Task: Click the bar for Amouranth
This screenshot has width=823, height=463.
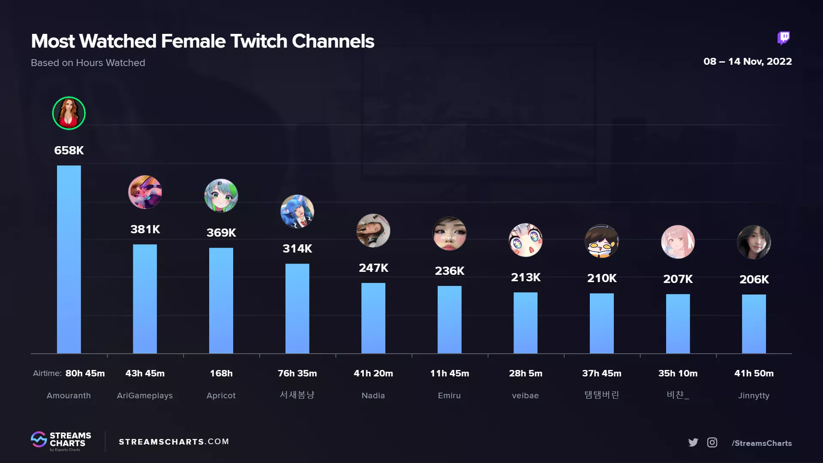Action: click(69, 259)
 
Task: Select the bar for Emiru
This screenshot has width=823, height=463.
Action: click(449, 319)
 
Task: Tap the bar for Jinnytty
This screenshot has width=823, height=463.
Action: click(754, 324)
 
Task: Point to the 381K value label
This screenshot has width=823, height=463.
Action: click(145, 229)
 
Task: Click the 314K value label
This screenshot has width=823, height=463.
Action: click(297, 249)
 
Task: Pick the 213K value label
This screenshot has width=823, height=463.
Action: click(526, 277)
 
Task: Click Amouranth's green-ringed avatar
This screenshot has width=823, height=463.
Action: click(69, 113)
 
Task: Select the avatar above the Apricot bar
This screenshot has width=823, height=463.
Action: click(221, 195)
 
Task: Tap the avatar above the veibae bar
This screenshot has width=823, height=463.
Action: click(526, 240)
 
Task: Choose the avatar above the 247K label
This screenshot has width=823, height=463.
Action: click(373, 231)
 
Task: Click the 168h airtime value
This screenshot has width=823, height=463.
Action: click(221, 373)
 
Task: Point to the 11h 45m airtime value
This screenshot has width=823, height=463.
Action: click(449, 373)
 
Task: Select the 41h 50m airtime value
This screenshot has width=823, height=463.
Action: click(754, 373)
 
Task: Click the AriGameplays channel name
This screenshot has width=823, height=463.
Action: click(145, 395)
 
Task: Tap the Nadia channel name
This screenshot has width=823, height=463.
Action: click(373, 395)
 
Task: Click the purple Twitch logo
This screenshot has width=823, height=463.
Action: click(784, 38)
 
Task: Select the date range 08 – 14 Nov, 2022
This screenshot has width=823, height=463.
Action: click(747, 61)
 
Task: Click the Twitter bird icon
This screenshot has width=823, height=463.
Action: click(693, 442)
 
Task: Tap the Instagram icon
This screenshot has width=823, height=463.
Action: click(712, 442)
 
